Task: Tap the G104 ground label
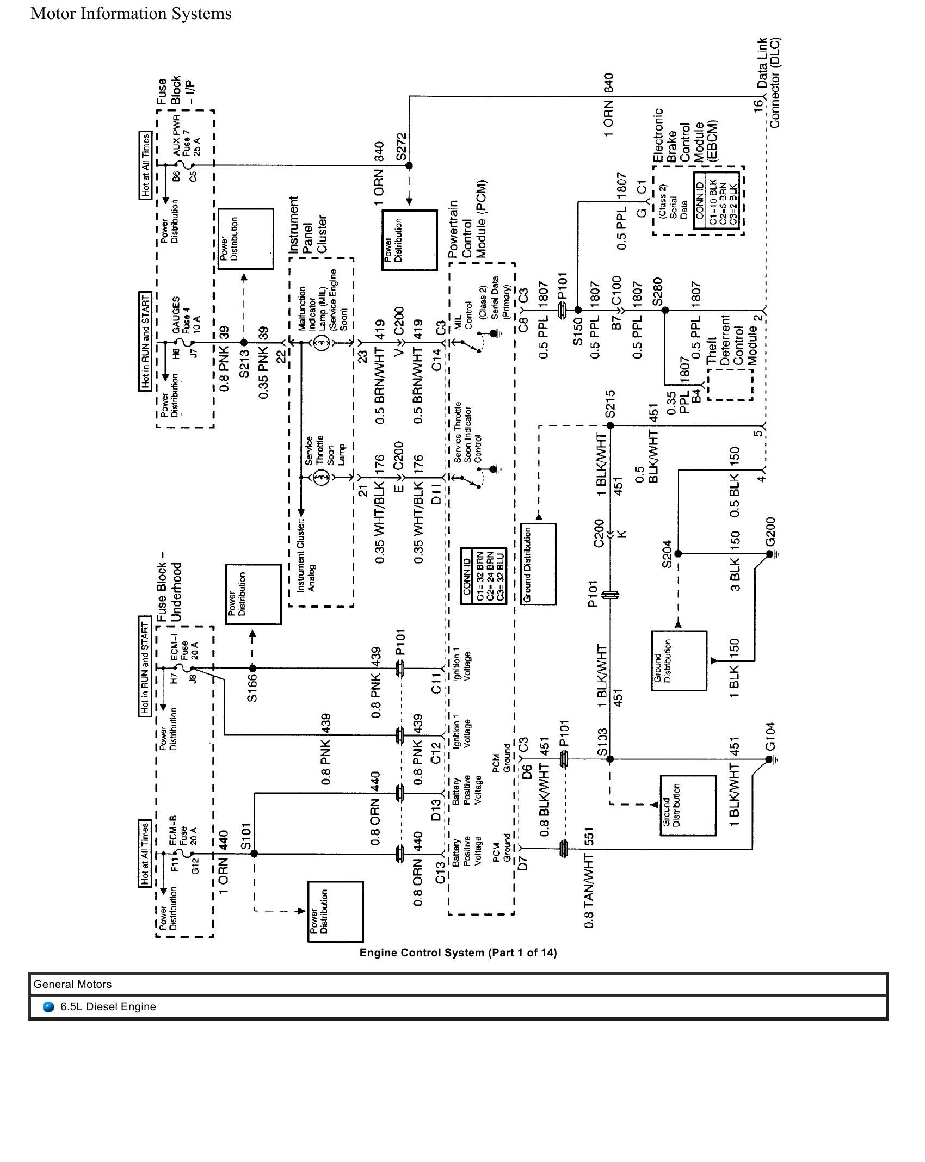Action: [770, 736]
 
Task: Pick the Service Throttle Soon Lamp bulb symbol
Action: [322, 478]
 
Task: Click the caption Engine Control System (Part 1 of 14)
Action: [458, 953]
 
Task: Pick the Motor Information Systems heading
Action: [131, 14]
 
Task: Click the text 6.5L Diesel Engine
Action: [108, 1006]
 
